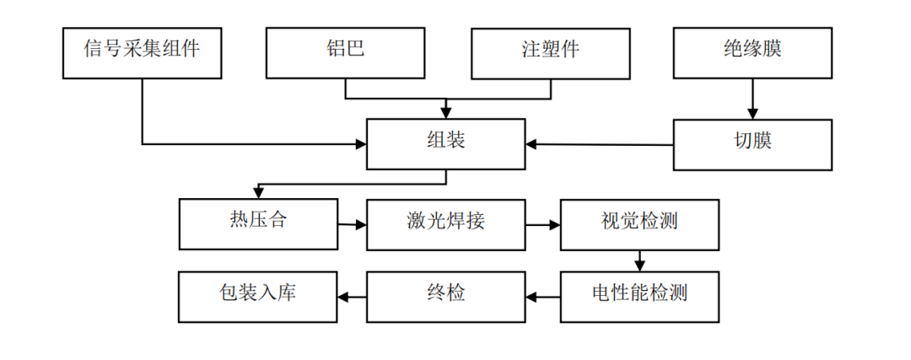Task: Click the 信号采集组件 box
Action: (x=142, y=52)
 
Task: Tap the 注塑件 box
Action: (x=550, y=52)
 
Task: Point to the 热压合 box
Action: (x=258, y=224)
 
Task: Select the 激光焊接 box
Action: (x=445, y=224)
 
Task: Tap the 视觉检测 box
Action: (x=639, y=224)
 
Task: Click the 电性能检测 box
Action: (x=639, y=296)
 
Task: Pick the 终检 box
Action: (x=445, y=296)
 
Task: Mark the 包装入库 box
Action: (x=258, y=296)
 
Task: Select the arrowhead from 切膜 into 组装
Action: (x=531, y=144)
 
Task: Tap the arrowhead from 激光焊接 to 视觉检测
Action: (x=555, y=225)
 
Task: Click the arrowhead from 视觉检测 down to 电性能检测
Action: (x=641, y=266)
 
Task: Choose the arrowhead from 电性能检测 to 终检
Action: (x=531, y=297)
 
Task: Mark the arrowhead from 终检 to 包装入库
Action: (x=343, y=297)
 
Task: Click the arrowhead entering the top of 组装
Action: (x=446, y=113)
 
